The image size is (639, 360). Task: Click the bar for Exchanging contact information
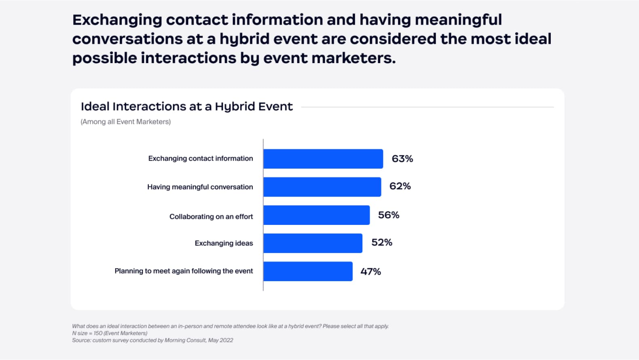point(323,159)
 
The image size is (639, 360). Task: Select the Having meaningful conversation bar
point(322,187)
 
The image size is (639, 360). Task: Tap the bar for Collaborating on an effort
point(316,215)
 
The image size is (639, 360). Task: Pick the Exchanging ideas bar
point(313,243)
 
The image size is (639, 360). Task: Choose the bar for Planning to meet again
point(308,271)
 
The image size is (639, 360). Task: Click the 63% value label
point(402,159)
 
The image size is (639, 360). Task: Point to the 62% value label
point(400,186)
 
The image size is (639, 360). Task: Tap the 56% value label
point(389,215)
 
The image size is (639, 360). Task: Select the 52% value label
point(382,243)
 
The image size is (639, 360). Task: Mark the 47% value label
point(370,272)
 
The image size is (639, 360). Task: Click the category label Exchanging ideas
point(224,243)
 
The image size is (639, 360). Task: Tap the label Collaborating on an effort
point(211,217)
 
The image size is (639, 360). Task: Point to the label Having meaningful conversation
point(200,187)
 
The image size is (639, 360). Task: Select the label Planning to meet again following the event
point(184,271)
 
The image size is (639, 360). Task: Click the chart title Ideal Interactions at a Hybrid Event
point(186,107)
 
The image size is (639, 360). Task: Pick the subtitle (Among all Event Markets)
point(125,122)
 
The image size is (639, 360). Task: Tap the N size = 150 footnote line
point(110,333)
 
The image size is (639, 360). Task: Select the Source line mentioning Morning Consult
point(152,340)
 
